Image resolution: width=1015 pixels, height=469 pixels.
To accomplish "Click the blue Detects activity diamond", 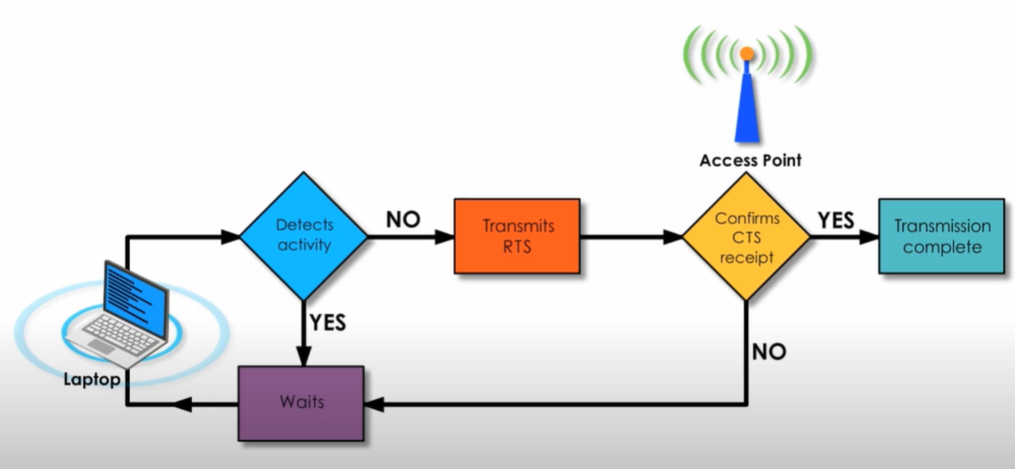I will coord(304,236).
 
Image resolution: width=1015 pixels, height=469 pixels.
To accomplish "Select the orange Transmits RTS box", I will coord(517,236).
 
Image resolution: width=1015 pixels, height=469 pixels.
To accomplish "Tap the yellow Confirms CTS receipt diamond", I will coord(746,236).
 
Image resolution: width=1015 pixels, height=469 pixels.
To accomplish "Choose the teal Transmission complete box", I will coord(942,236).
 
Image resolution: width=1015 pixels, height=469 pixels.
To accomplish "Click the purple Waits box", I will coord(300,403).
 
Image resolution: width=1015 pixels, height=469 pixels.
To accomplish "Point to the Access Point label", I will coord(750,160).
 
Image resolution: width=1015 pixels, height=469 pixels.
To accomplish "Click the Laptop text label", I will coord(91,379).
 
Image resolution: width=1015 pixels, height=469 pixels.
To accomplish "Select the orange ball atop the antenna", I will coord(746,54).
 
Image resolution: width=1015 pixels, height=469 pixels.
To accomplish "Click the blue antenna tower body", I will coord(746,109).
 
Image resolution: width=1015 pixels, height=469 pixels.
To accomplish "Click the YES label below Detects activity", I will coord(328,321).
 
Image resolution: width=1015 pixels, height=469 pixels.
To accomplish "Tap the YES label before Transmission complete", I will coord(835,219).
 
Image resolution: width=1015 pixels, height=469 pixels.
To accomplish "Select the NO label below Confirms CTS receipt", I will coord(769,351).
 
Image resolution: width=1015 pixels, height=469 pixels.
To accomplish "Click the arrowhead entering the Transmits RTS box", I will coord(445,237).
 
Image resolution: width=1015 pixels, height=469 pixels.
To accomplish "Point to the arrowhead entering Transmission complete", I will coord(869,237).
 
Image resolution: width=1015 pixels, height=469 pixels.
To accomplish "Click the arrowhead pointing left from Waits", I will coord(183,403).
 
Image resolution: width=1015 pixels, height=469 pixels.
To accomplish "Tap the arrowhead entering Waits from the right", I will coord(373,403).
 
